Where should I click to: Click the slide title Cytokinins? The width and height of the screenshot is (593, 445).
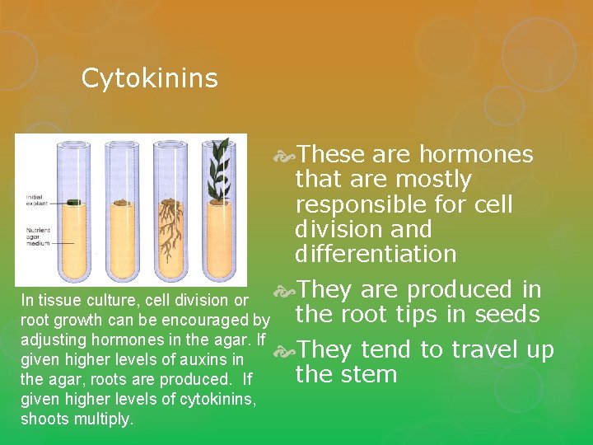pyautogui.click(x=149, y=78)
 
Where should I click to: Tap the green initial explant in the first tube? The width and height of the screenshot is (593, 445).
pyautogui.click(x=73, y=201)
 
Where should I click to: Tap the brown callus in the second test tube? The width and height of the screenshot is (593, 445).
pyautogui.click(x=121, y=201)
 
